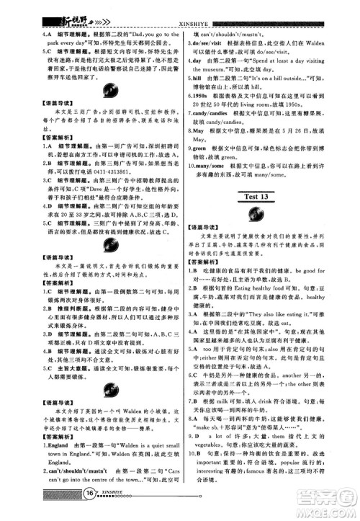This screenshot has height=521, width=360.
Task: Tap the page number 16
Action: tap(90, 512)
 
